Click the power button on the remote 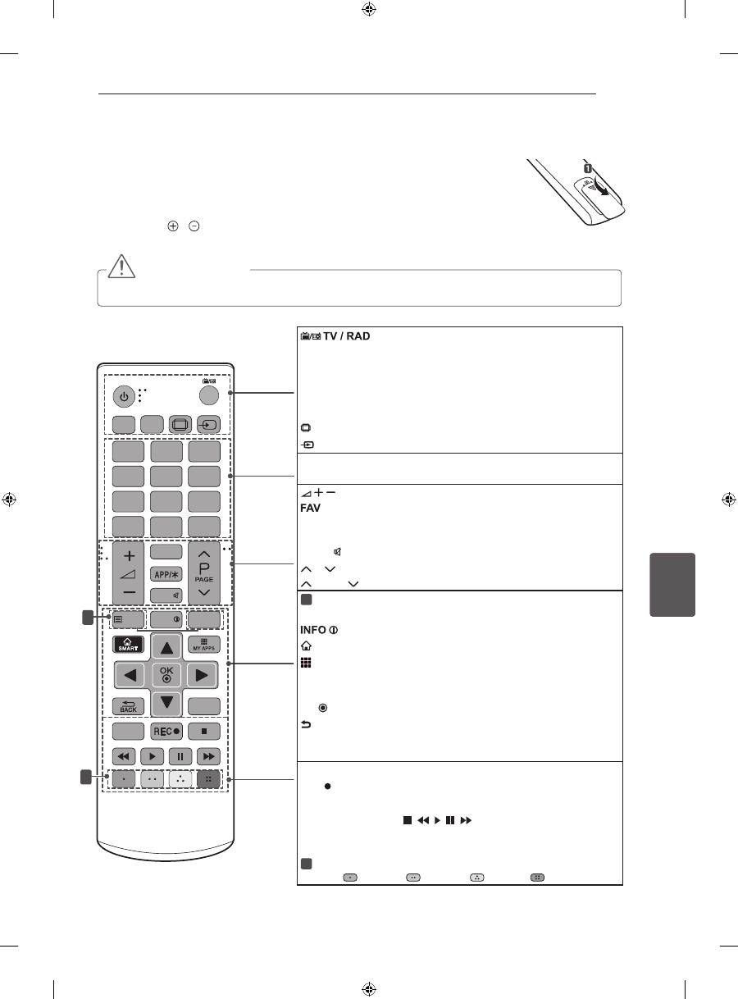(x=124, y=397)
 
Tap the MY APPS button (x=204, y=644)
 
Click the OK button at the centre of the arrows (x=166, y=675)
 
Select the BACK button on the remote (x=128, y=706)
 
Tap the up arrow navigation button (x=166, y=646)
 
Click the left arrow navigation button (x=130, y=675)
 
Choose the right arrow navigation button (x=203, y=675)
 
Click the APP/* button (x=166, y=574)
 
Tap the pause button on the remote (x=180, y=757)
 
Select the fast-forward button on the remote (x=208, y=757)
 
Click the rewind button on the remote (x=123, y=757)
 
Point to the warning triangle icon (x=121, y=266)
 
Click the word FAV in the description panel (x=310, y=508)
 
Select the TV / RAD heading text (x=346, y=336)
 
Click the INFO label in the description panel (x=313, y=630)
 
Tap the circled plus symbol (x=173, y=226)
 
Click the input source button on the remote (x=208, y=424)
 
